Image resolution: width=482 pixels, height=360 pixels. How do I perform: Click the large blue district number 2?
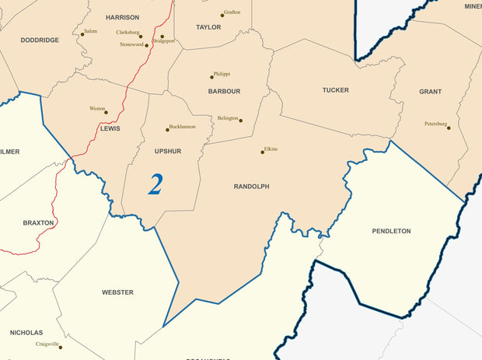[155, 184]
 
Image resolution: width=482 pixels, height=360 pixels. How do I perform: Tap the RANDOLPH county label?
[251, 187]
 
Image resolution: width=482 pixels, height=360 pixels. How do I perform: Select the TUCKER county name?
[335, 90]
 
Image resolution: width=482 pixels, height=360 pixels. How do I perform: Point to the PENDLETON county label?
[391, 231]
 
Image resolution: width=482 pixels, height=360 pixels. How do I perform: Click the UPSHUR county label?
[167, 151]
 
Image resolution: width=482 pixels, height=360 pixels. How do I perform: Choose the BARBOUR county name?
[224, 91]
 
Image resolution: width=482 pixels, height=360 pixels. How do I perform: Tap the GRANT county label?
[430, 92]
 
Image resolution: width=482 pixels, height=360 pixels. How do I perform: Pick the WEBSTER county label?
[117, 292]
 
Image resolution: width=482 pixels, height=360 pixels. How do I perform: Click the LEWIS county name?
[110, 128]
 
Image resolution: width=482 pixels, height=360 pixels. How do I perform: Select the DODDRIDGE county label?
[40, 40]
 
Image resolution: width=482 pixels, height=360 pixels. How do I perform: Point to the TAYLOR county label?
[208, 27]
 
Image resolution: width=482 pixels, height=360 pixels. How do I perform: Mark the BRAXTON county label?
[38, 222]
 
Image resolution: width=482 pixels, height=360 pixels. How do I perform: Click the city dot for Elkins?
[262, 152]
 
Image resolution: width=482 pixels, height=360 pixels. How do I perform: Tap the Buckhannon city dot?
[167, 129]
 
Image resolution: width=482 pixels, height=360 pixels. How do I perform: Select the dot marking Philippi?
[211, 77]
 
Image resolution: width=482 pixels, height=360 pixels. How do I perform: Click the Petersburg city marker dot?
[449, 128]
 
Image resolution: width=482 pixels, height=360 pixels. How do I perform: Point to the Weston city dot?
[107, 112]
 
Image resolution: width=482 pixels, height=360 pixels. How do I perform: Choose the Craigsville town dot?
[60, 347]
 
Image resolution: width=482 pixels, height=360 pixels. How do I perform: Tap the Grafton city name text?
[232, 12]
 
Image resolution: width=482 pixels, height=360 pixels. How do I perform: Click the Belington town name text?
[228, 118]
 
